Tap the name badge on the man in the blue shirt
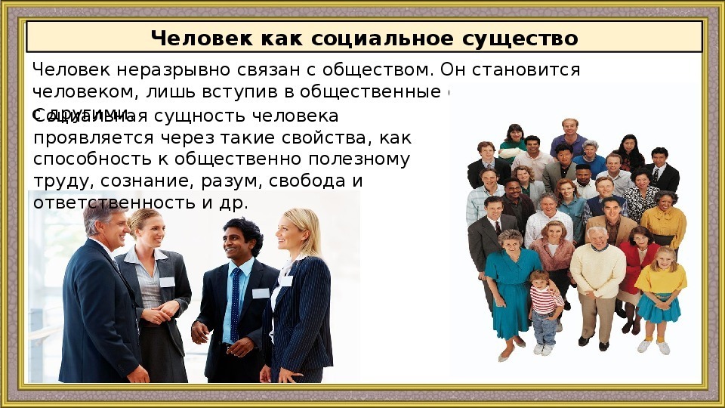tap(261, 293)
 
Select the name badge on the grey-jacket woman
tap(167, 281)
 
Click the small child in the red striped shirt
tap(544, 306)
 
